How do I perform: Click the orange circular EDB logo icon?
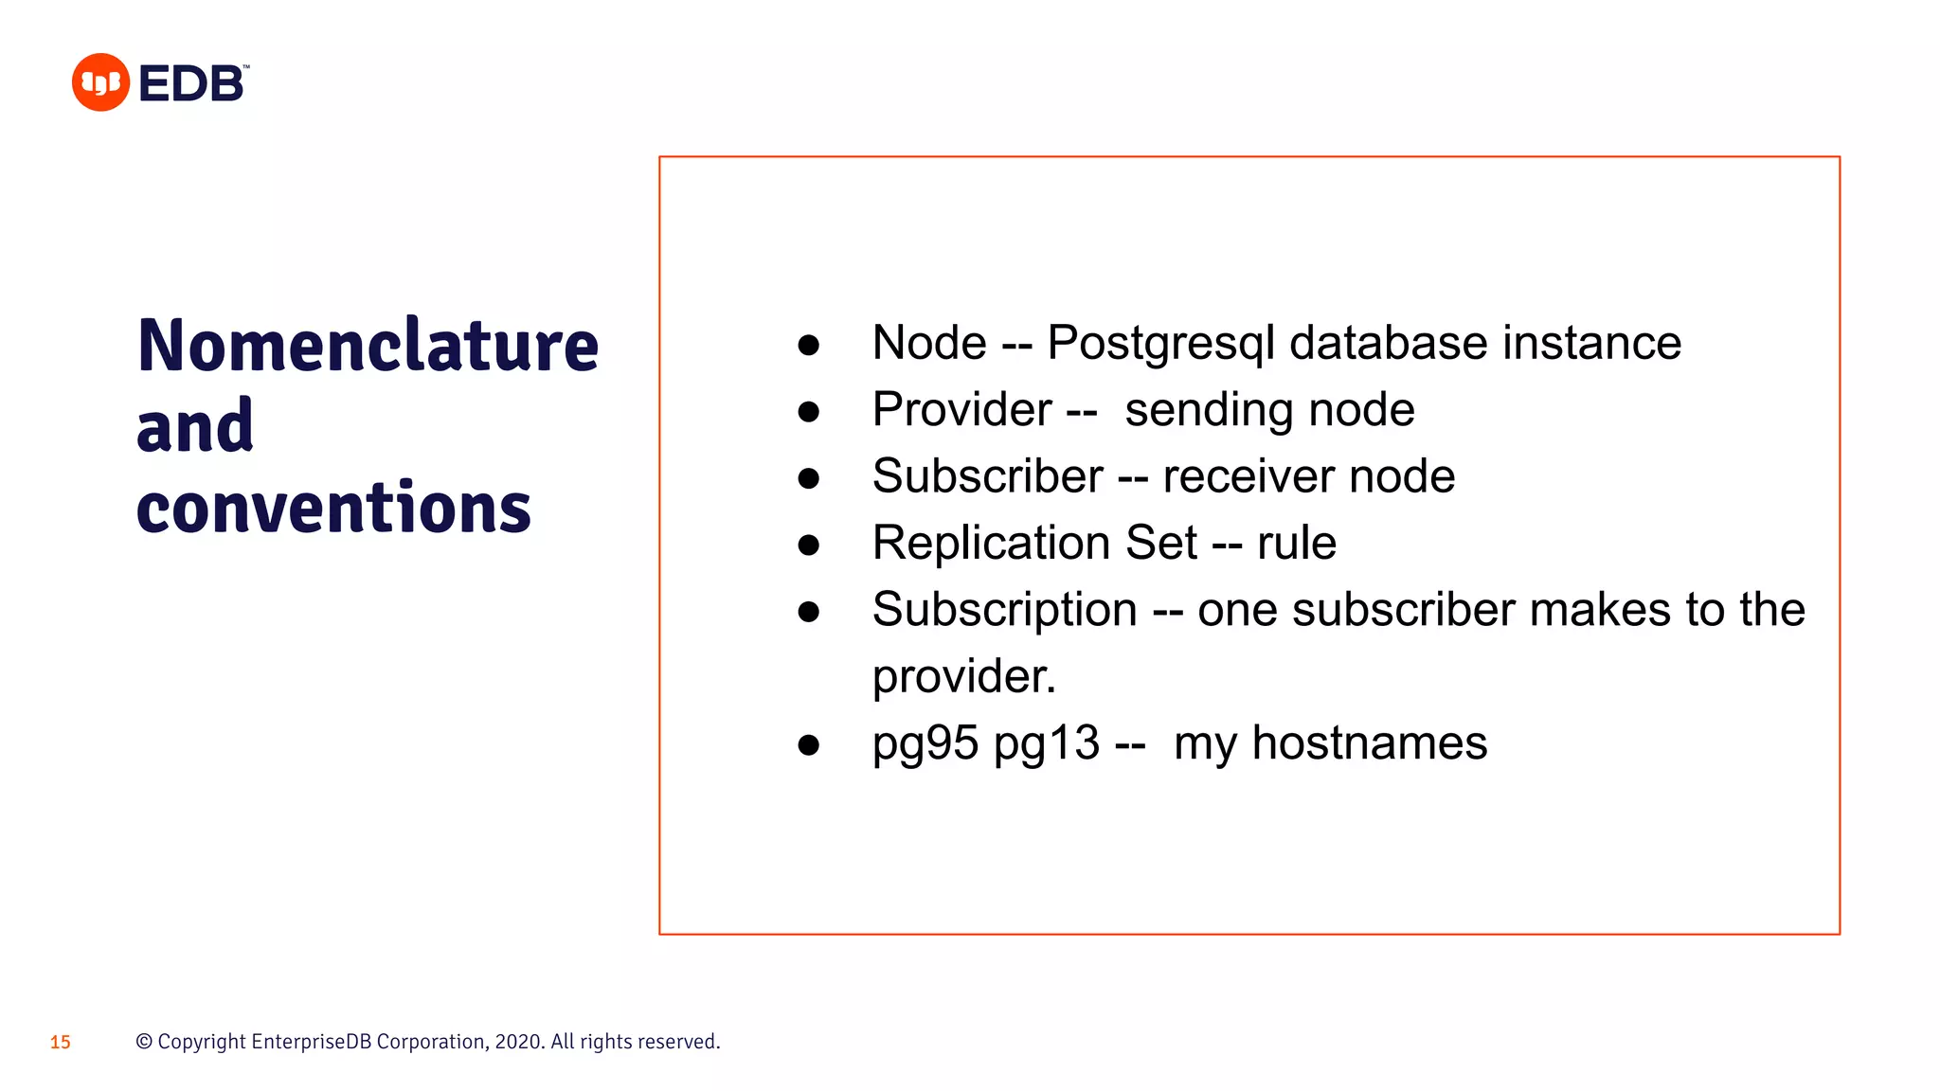(x=100, y=82)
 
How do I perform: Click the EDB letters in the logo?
(x=191, y=83)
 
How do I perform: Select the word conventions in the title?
(x=333, y=508)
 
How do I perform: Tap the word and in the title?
(x=195, y=426)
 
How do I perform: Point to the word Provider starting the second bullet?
(x=961, y=410)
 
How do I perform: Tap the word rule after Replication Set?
(x=1296, y=544)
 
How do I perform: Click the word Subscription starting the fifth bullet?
(x=1004, y=610)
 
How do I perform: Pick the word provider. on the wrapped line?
(x=963, y=676)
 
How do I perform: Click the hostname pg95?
(x=925, y=743)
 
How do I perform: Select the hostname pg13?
(x=1046, y=743)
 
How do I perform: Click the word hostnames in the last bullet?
(x=1369, y=743)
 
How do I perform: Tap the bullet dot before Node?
(x=808, y=345)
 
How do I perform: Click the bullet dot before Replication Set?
(x=808, y=545)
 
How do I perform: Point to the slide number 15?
(x=61, y=1042)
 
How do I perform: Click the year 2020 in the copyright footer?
(x=518, y=1042)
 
